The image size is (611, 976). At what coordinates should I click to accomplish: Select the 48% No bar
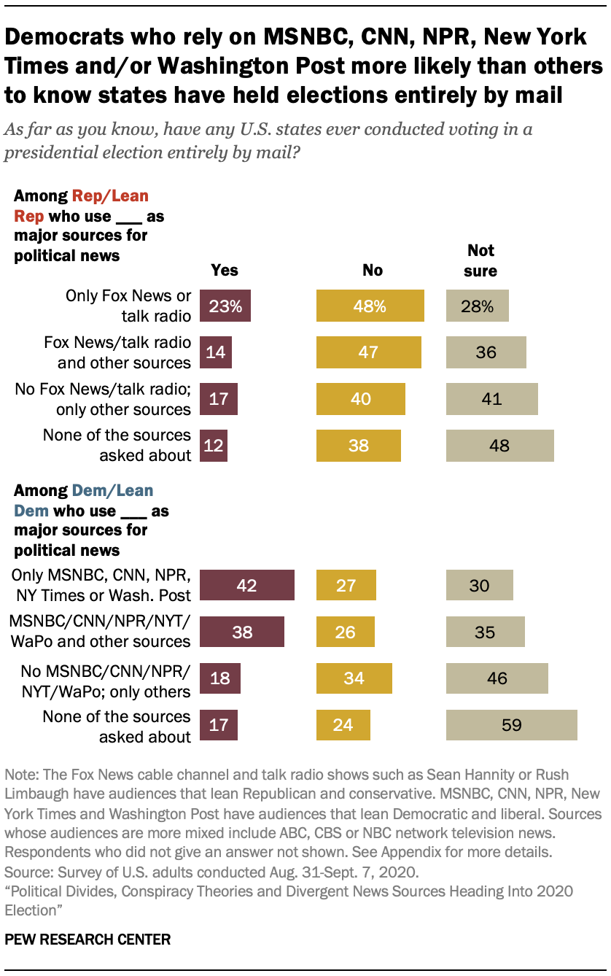click(x=370, y=306)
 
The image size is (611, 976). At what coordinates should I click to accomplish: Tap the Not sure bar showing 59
click(x=511, y=725)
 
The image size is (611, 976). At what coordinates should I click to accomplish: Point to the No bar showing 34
click(x=354, y=678)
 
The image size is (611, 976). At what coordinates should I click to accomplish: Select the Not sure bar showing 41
click(x=491, y=399)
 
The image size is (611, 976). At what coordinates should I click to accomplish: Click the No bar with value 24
click(x=343, y=725)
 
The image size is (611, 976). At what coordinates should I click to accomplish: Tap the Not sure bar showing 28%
click(x=477, y=306)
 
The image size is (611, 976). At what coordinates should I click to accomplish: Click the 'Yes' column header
click(x=225, y=270)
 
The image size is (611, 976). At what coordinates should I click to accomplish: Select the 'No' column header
click(x=372, y=270)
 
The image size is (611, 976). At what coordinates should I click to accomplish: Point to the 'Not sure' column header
click(x=480, y=260)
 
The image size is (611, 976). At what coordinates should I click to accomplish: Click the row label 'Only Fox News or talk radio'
click(x=128, y=306)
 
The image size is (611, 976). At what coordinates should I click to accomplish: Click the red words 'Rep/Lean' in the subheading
click(x=109, y=195)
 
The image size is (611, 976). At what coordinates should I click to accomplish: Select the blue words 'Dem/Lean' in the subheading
click(x=112, y=490)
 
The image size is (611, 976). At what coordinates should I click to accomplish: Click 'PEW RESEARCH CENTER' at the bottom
click(x=87, y=939)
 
